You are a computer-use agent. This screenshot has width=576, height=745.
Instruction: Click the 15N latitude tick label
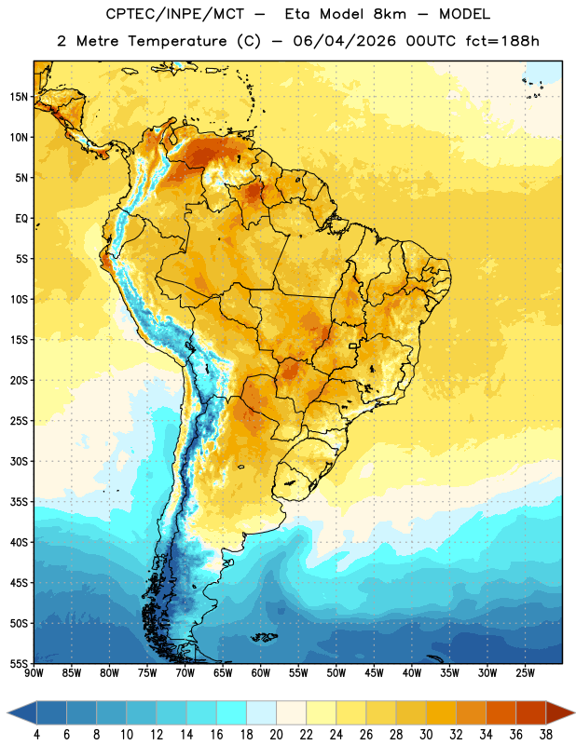point(19,97)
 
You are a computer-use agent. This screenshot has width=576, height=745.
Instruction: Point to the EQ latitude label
point(21,219)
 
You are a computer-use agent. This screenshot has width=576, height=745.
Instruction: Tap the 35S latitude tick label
point(19,502)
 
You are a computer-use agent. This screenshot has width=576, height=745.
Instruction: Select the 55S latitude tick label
point(19,663)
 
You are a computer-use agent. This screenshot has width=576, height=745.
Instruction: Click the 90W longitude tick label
point(34,673)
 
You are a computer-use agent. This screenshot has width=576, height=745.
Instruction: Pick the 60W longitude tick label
point(261,673)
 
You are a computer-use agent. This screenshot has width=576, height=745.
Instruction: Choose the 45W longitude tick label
point(374,673)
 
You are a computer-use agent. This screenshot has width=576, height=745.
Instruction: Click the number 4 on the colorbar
point(36,735)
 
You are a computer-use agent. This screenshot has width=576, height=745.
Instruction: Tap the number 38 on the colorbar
point(546,735)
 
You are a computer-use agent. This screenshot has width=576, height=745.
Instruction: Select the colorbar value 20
point(276,735)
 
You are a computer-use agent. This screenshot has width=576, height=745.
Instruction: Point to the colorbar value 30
point(426,735)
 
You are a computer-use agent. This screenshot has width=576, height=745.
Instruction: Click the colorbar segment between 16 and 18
point(231,712)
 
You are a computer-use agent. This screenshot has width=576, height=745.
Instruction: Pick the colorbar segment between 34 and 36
point(501,712)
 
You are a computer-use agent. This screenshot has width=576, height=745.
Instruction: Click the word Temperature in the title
point(177,41)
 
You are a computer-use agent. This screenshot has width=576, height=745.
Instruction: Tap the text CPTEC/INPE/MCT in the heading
point(175,14)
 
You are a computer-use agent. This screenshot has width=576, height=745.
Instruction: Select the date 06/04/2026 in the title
point(344,41)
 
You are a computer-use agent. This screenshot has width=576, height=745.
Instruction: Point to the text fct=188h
point(502,41)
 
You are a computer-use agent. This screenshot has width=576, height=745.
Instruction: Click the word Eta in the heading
point(297,14)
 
